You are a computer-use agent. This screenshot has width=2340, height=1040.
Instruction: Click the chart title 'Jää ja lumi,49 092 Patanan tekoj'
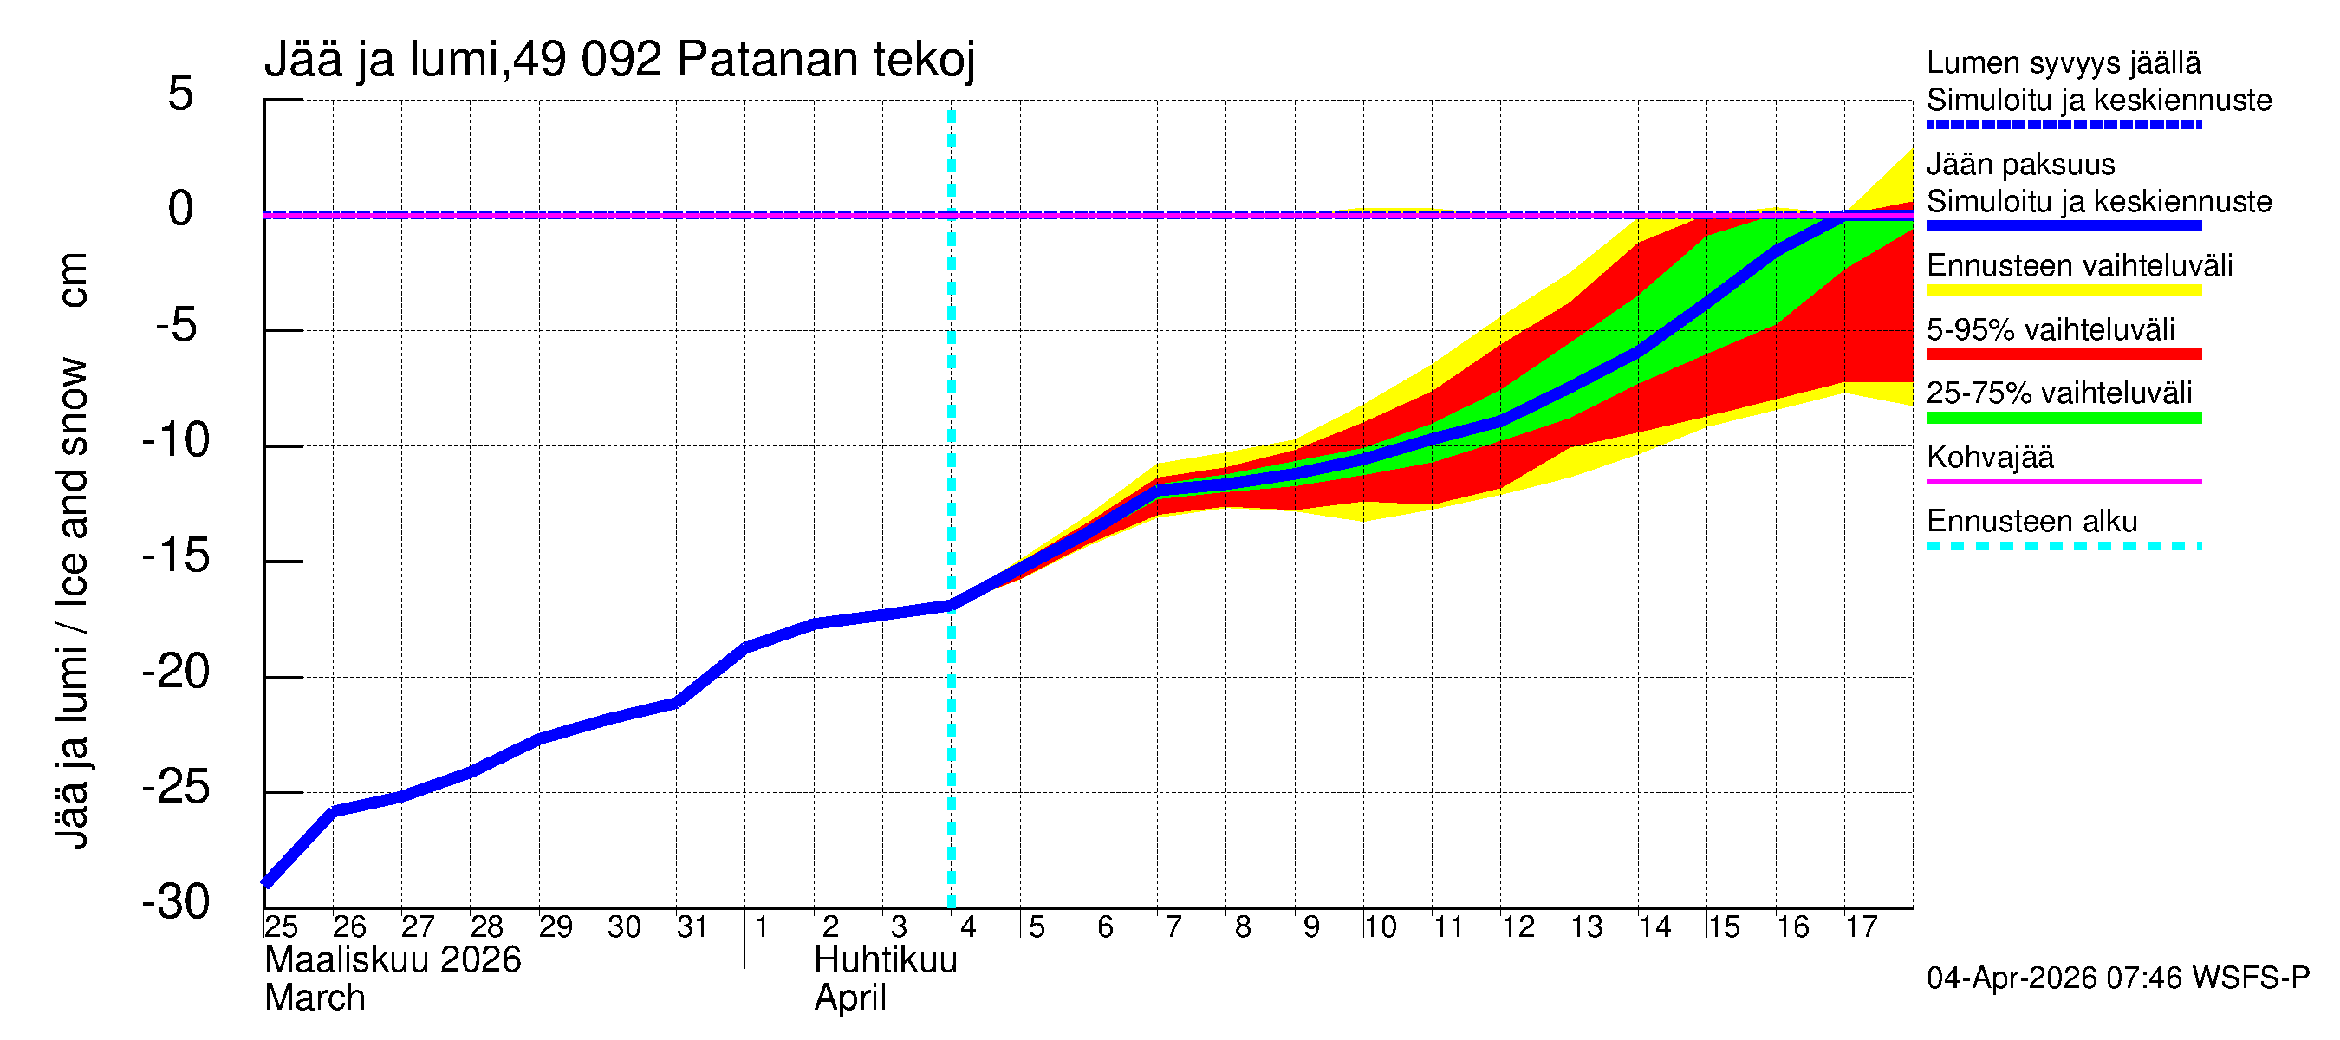click(x=620, y=60)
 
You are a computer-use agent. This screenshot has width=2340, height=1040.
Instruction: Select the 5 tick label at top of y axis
click(x=181, y=94)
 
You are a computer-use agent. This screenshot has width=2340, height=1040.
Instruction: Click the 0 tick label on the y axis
click(x=181, y=209)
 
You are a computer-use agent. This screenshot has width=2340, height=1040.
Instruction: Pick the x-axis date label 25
click(x=281, y=926)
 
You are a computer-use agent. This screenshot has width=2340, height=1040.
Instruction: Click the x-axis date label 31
click(x=692, y=926)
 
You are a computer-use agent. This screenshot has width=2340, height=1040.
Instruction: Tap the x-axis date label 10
click(x=1379, y=926)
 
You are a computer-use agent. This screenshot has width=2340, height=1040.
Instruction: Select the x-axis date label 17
click(x=1861, y=926)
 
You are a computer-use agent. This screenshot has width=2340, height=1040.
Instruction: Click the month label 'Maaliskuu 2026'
click(x=393, y=960)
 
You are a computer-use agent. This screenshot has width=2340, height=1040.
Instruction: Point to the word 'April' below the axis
click(x=849, y=998)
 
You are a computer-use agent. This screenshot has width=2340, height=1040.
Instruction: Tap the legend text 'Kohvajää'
click(x=1989, y=457)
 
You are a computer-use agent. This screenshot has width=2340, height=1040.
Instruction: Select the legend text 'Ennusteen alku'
click(x=2031, y=522)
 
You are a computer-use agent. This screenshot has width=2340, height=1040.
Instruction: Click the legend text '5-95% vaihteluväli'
click(x=2051, y=329)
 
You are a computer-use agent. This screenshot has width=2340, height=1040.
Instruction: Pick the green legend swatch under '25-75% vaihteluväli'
click(x=2063, y=418)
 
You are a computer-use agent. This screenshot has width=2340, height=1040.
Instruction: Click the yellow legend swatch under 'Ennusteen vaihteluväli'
click(x=2063, y=290)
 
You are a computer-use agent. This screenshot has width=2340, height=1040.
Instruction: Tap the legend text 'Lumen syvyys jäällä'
click(x=2063, y=62)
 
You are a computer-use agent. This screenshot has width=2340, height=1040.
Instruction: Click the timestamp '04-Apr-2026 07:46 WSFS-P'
click(x=2117, y=978)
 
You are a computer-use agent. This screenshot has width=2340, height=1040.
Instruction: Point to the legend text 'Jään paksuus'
click(x=2020, y=165)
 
